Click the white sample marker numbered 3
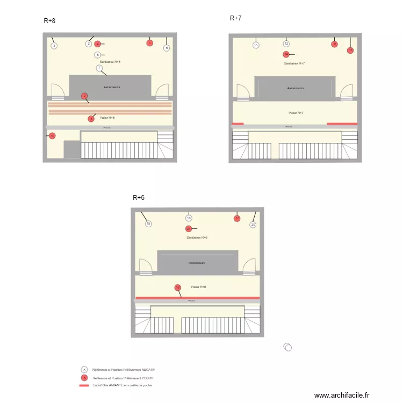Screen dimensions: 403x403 coord(54,46)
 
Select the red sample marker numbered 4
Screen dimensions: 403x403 coord(98,44)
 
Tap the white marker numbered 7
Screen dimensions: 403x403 coord(99,68)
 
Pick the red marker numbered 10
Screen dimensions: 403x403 coord(52,136)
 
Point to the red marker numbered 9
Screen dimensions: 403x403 coord(84,96)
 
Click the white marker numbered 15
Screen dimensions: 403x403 coord(256,45)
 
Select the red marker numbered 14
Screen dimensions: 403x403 coord(286,54)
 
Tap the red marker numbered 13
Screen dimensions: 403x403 coord(350,50)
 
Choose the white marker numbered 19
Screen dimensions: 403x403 coord(148,224)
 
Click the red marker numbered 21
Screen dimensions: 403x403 coord(189,229)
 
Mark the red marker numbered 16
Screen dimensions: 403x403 coord(178,287)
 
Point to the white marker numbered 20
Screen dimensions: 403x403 coord(253,225)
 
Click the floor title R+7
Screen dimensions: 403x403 coord(235,18)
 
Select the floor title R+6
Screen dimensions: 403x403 coord(139,198)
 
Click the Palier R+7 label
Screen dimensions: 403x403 coord(296,113)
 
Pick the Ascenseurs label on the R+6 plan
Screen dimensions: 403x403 coord(197,263)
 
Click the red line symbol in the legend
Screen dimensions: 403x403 coord(84,385)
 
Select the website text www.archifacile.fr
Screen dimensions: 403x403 coord(342,395)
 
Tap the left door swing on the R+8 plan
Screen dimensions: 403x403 coord(57,91)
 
